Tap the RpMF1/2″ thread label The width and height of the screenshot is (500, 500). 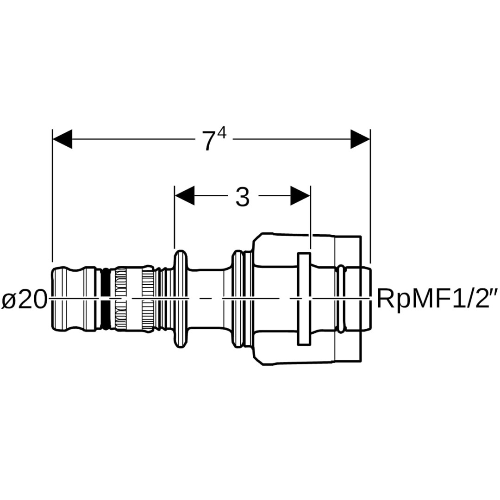coord(438,299)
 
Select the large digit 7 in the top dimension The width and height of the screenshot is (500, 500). coord(209,141)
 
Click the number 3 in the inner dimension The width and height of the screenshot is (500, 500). coord(242,198)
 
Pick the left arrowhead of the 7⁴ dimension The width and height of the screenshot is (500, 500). coord(62,139)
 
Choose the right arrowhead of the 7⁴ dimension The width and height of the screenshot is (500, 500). coord(360,139)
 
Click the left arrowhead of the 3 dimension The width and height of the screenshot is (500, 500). coord(184,196)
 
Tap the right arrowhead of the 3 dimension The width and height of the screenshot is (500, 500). coord(300,196)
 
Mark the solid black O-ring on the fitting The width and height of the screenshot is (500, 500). coord(106,299)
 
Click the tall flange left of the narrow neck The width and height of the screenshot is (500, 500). coord(180,299)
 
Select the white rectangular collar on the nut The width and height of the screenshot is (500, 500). coord(304,299)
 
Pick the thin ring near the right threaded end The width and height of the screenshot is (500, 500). coord(341,299)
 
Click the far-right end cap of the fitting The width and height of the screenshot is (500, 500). coord(366,299)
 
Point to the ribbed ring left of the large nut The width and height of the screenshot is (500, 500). coord(239,299)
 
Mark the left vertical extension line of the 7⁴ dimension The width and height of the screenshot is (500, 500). coord(52,194)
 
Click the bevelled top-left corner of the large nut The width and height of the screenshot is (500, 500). coord(256,238)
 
